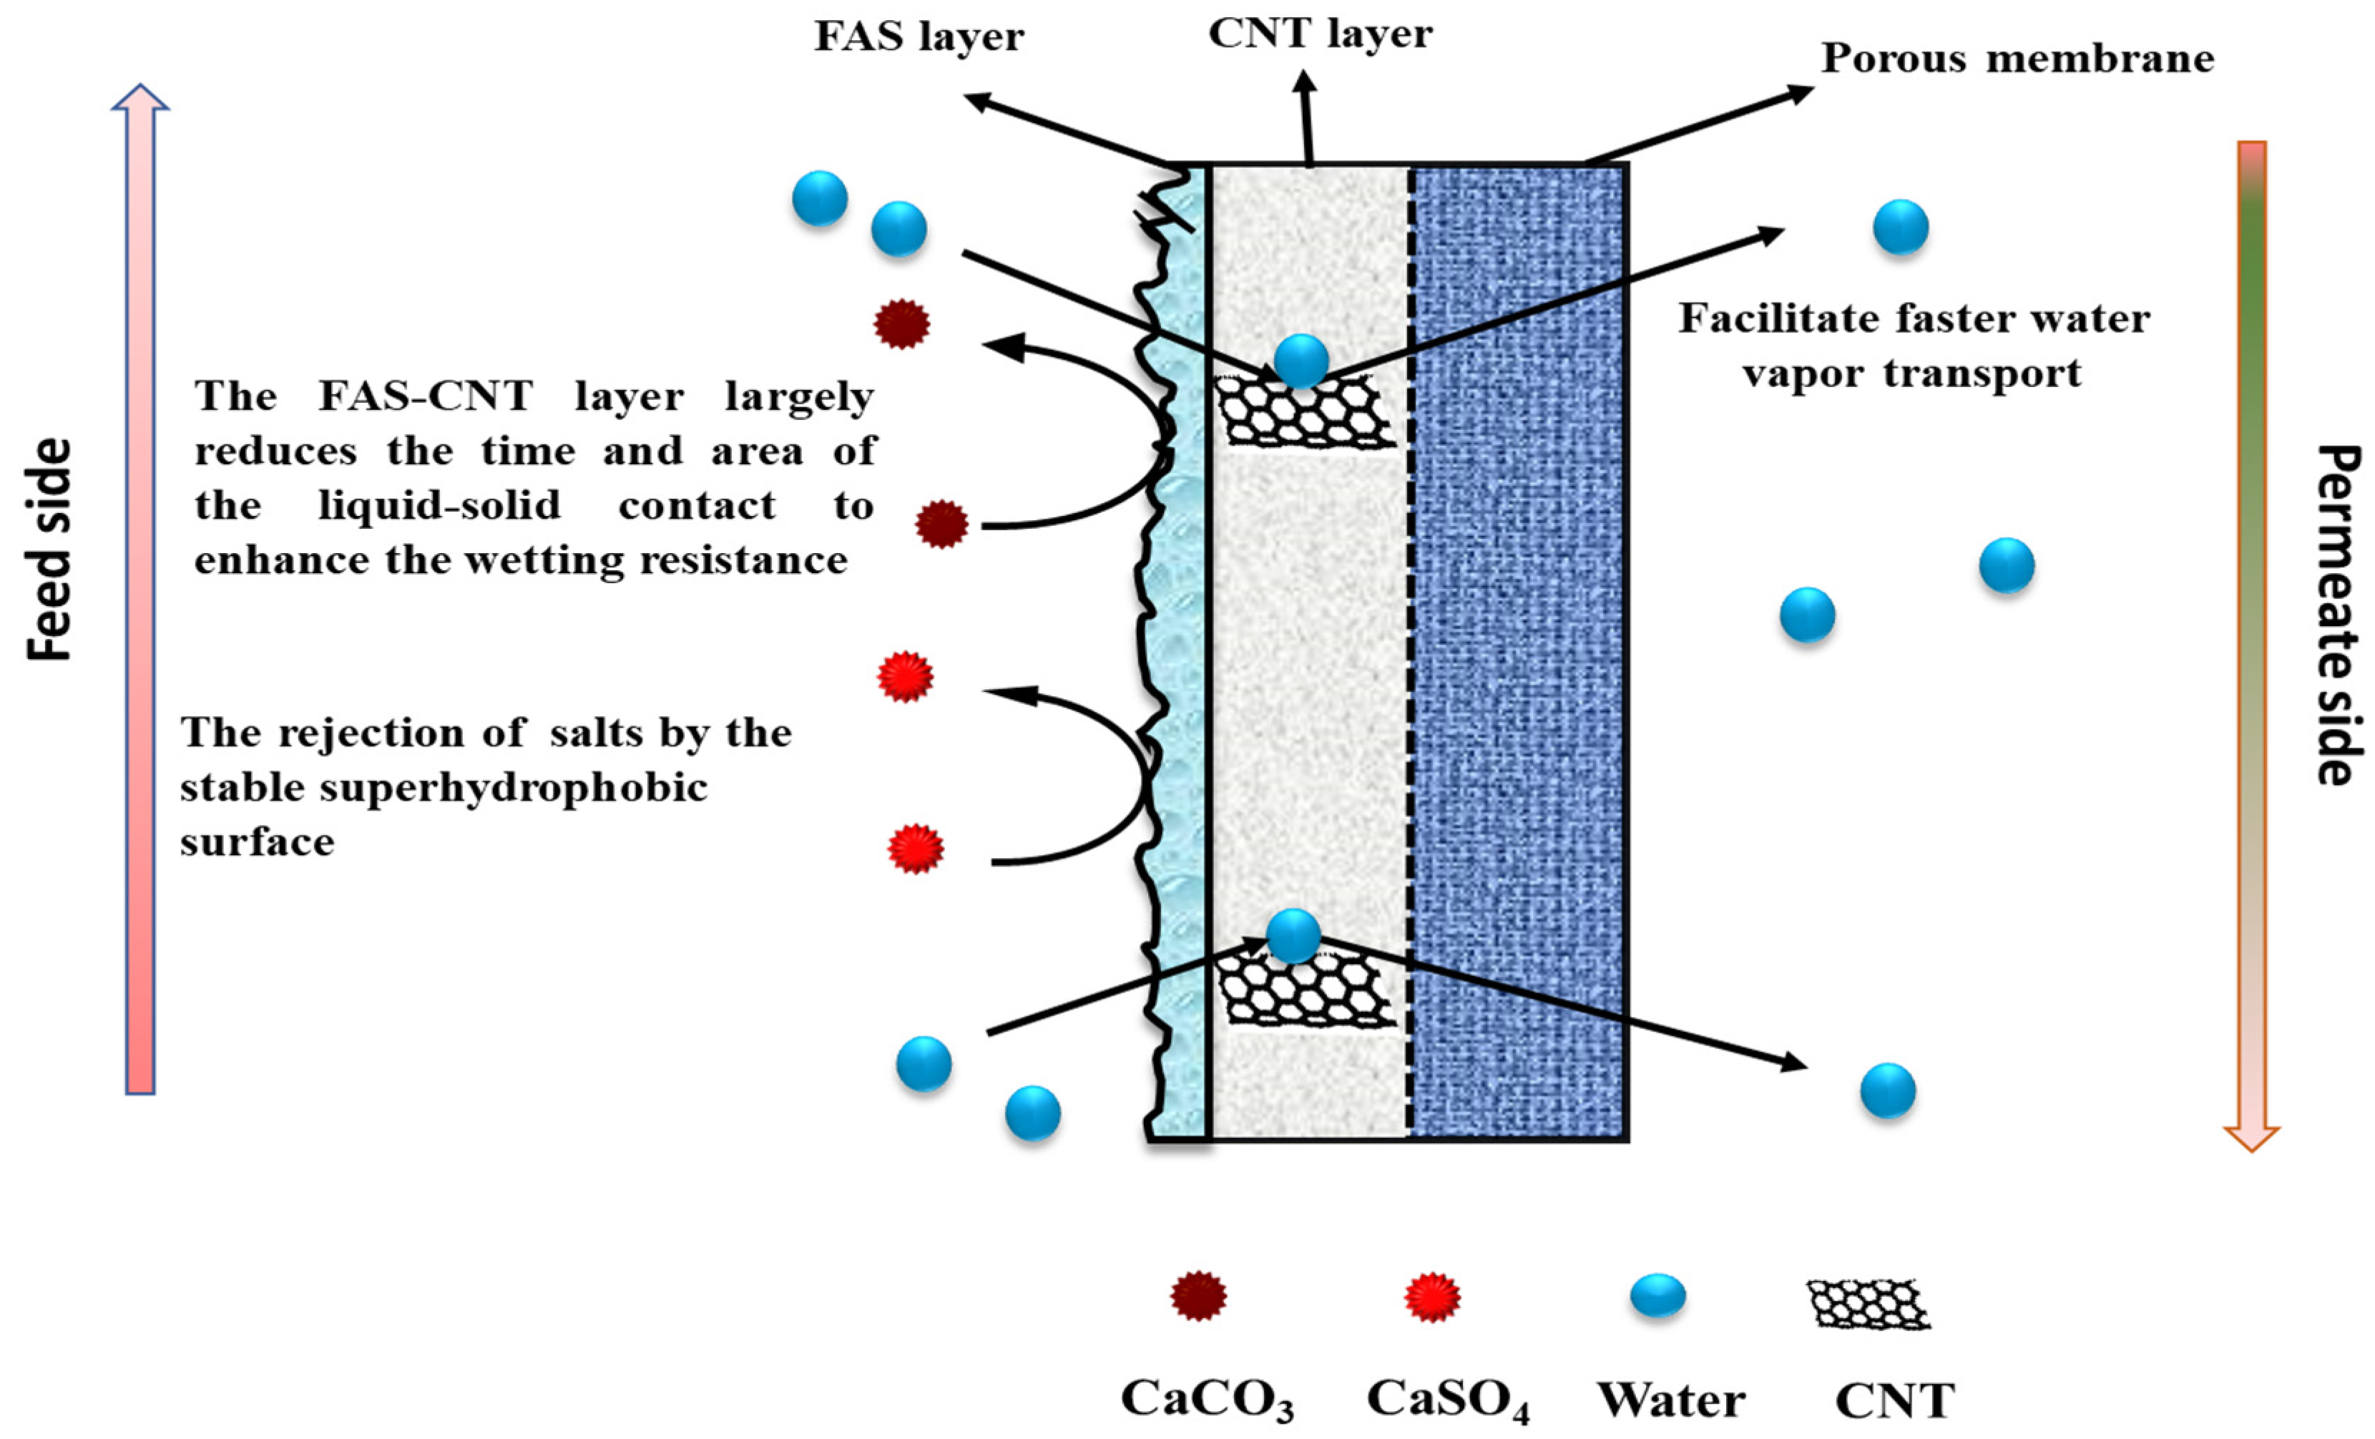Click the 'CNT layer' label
pos(1320,34)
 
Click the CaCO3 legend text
pos(1207,1400)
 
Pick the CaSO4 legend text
pos(1448,1400)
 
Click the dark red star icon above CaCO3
pos(1198,1297)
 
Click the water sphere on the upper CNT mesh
pos(1301,361)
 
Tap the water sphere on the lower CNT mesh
pos(1293,935)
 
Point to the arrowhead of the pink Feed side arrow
pos(141,97)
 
